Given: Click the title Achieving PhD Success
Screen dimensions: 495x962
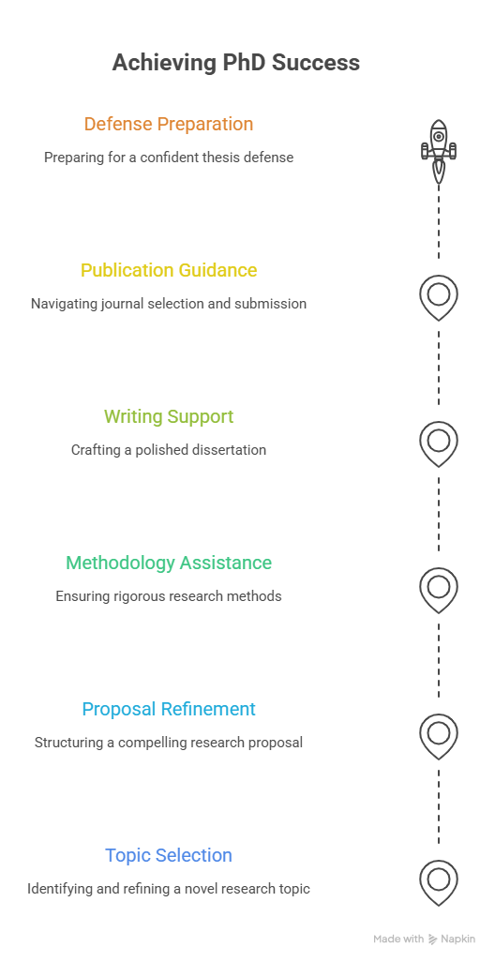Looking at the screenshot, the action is [235, 63].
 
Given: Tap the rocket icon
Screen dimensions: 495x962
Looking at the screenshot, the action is [439, 151].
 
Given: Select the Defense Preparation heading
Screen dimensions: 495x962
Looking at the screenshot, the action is [169, 124].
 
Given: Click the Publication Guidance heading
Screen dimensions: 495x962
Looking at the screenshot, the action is [169, 270].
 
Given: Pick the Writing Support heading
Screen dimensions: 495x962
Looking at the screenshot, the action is [169, 416].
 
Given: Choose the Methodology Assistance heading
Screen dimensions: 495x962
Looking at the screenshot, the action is [169, 563].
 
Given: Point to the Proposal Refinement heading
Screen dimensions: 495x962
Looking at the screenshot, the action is [169, 709].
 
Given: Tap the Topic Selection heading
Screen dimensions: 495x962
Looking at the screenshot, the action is [169, 855].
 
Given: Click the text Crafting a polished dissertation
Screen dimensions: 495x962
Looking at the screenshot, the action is [169, 450].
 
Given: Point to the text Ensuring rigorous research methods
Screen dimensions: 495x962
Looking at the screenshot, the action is [169, 595].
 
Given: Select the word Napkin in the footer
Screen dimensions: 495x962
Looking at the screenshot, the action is [458, 939].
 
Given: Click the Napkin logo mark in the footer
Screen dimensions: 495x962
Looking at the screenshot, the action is [432, 939].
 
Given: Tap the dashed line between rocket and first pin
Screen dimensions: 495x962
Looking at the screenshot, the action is [439, 221].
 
